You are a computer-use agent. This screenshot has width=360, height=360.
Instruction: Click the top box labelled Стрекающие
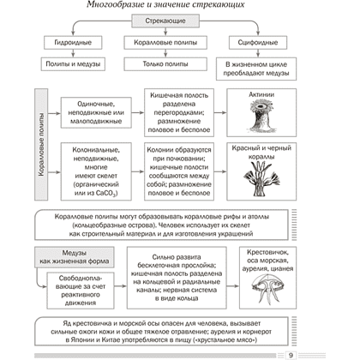[165, 21]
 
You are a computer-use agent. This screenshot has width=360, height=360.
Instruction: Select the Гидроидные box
[73, 43]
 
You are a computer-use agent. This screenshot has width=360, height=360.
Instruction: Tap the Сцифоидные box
[258, 43]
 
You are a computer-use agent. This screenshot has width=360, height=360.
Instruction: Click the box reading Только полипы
[165, 64]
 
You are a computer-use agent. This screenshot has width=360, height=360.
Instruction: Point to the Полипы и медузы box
[73, 64]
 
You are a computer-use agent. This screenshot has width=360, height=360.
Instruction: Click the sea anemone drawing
[261, 117]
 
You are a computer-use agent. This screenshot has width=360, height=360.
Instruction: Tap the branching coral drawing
[261, 179]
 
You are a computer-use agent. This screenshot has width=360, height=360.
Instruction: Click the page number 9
[291, 355]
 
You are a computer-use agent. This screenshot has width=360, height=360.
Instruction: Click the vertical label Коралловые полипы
[41, 144]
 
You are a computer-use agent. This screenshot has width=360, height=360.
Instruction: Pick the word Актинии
[261, 94]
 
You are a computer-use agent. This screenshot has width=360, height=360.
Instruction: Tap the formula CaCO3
[106, 194]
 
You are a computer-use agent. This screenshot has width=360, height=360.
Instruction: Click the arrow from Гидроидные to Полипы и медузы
[73, 53]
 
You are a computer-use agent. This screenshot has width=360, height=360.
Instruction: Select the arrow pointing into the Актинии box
[220, 112]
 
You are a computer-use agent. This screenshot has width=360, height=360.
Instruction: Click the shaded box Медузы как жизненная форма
[75, 257]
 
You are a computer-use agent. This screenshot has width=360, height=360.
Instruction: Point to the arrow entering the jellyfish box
[233, 286]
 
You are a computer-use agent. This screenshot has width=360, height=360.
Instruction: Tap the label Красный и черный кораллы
[261, 153]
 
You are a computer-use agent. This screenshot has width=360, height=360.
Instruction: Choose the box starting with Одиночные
[96, 112]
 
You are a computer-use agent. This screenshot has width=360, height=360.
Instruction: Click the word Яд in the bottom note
[67, 324]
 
